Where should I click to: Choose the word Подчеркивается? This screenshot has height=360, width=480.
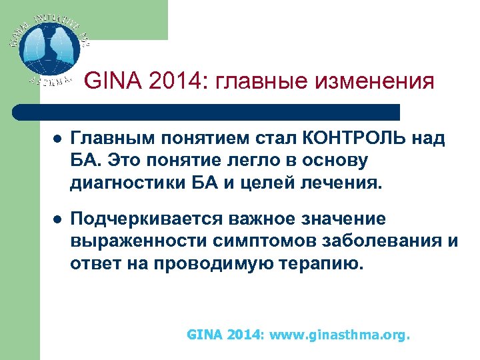click(147, 219)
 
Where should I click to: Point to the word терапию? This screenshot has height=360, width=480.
click(324, 263)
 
